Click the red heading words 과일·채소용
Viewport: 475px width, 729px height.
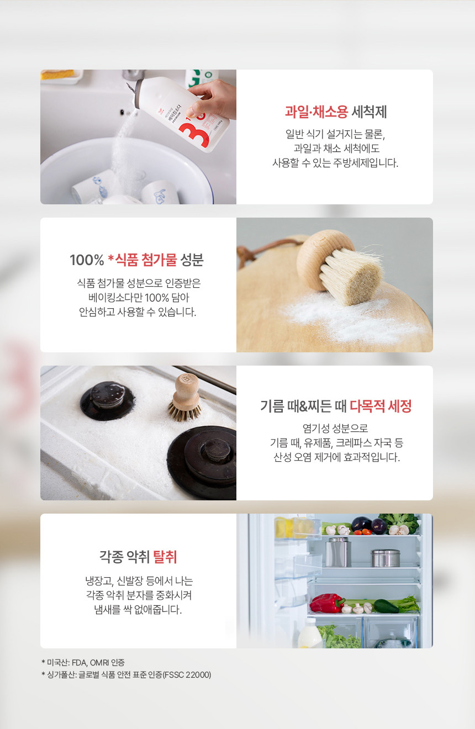pos(316,112)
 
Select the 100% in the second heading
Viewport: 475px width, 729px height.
pos(87,260)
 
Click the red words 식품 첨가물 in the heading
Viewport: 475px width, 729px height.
pos(146,260)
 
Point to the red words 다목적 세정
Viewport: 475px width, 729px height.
pos(381,406)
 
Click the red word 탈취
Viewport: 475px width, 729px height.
pos(165,557)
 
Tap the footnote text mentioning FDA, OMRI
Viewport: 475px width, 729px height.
pos(83,662)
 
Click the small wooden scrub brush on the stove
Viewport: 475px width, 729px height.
pos(185,398)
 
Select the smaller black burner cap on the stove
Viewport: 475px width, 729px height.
pos(108,400)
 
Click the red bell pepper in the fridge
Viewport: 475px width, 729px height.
pos(326,603)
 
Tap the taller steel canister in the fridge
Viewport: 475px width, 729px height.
pos(338,552)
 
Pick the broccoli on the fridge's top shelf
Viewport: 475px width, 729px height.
pos(400,522)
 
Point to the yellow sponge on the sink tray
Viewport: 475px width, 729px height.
pos(57,74)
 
